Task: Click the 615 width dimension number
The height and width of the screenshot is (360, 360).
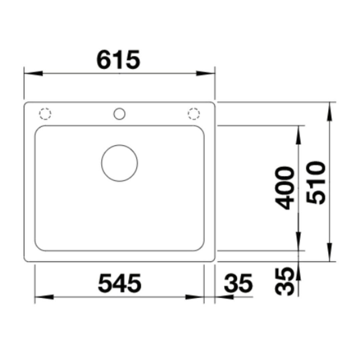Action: pyautogui.click(x=118, y=60)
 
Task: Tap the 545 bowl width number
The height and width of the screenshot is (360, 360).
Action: pyautogui.click(x=120, y=283)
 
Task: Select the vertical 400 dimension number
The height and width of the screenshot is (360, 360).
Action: pyautogui.click(x=285, y=188)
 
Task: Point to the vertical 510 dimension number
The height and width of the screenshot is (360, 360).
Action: pyautogui.click(x=316, y=183)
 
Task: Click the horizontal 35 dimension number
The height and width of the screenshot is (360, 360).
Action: pyautogui.click(x=238, y=283)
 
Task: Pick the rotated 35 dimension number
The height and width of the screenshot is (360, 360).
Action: pyautogui.click(x=285, y=282)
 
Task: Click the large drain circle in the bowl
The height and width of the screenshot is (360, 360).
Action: pyautogui.click(x=119, y=163)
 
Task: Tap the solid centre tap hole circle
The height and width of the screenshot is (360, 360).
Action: pyautogui.click(x=119, y=114)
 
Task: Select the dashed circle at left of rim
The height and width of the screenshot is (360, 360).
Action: pyautogui.click(x=45, y=114)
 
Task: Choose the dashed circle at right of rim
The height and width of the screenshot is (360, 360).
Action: pyautogui.click(x=194, y=114)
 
